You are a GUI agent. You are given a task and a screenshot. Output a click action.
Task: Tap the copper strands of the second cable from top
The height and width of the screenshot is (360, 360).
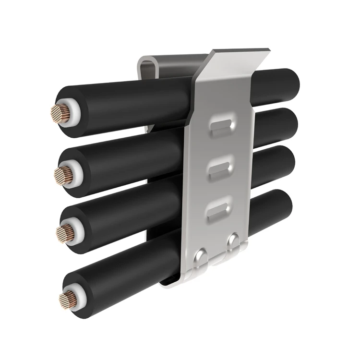tap(63, 175)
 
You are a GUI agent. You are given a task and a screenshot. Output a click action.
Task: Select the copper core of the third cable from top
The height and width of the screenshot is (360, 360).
tap(64, 233)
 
